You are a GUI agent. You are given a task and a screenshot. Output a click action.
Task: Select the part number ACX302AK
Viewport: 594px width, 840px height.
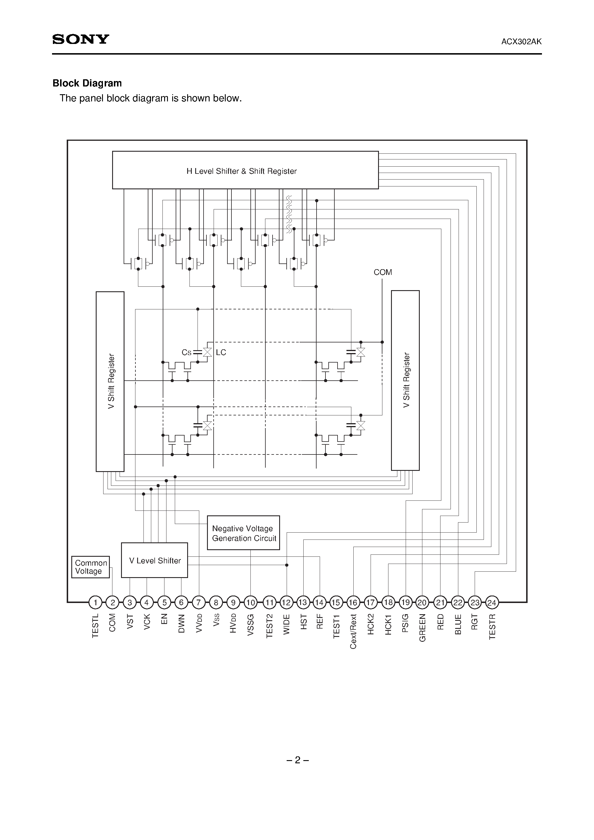(521, 42)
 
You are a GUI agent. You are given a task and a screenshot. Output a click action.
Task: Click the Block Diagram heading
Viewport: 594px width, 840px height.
(87, 83)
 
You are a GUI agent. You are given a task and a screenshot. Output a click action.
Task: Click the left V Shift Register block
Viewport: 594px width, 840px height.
(110, 382)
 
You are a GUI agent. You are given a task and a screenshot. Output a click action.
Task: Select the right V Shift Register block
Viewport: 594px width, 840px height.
(405, 380)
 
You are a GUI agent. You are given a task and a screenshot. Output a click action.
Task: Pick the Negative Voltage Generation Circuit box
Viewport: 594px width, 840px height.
(244, 533)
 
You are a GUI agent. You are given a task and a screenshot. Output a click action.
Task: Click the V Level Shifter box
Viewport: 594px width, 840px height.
(155, 560)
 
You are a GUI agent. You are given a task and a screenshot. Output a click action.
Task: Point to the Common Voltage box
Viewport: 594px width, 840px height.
(91, 567)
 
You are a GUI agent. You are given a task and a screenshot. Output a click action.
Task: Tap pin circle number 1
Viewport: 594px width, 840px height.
(95, 602)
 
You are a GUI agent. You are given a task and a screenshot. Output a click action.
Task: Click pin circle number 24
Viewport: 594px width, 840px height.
(492, 602)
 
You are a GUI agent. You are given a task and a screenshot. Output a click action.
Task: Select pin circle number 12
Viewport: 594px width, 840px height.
(286, 602)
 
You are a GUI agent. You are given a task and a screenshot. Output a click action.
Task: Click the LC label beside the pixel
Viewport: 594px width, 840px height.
(221, 352)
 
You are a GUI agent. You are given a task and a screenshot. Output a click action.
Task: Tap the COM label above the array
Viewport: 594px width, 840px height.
(383, 272)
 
